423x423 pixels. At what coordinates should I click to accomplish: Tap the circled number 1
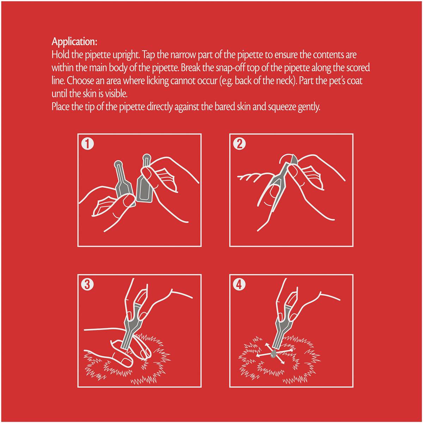87,144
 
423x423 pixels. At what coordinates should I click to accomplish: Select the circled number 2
239,144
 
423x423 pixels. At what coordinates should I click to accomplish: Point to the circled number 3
87,285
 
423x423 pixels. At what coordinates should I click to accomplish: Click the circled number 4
239,285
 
